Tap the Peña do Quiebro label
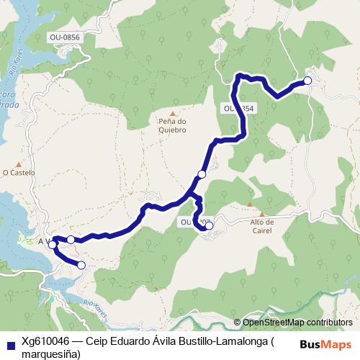point(172,126)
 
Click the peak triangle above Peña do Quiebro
point(173,113)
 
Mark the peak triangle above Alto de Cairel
point(262,214)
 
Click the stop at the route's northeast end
point(307,81)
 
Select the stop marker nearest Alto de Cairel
point(210,226)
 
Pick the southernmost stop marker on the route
point(81,266)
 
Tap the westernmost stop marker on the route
point(53,245)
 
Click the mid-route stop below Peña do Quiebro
point(202,174)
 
